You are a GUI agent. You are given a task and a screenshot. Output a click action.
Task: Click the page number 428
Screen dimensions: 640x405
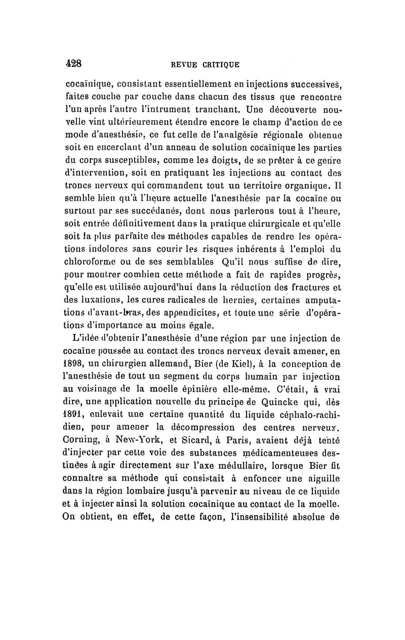(74, 65)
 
